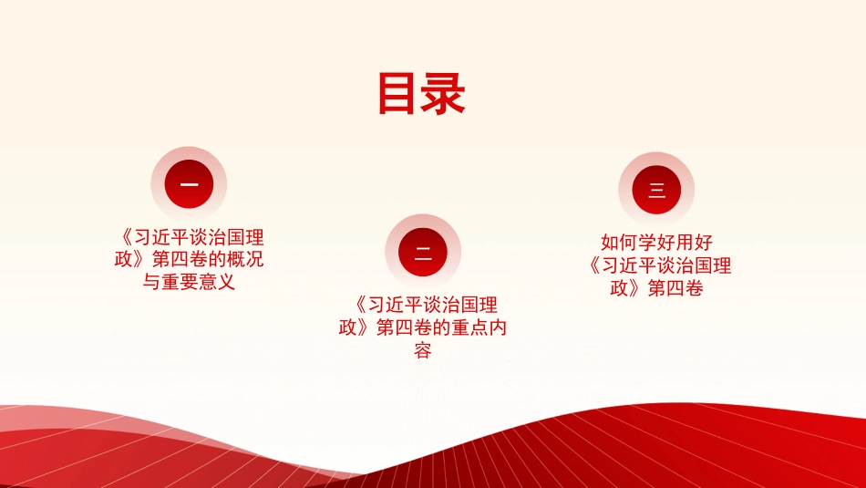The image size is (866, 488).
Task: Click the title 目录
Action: [421, 94]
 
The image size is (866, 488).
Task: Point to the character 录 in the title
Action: [444, 94]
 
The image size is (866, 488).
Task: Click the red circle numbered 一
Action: [189, 184]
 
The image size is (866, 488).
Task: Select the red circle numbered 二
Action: [423, 252]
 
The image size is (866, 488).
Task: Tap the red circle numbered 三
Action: [656, 190]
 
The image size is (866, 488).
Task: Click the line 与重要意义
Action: [189, 282]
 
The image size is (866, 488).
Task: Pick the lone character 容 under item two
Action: [422, 349]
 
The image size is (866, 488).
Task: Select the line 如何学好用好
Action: [656, 243]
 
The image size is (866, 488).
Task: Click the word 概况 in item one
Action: [245, 259]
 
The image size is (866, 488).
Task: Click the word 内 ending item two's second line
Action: [498, 327]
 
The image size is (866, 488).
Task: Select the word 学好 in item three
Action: [656, 243]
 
